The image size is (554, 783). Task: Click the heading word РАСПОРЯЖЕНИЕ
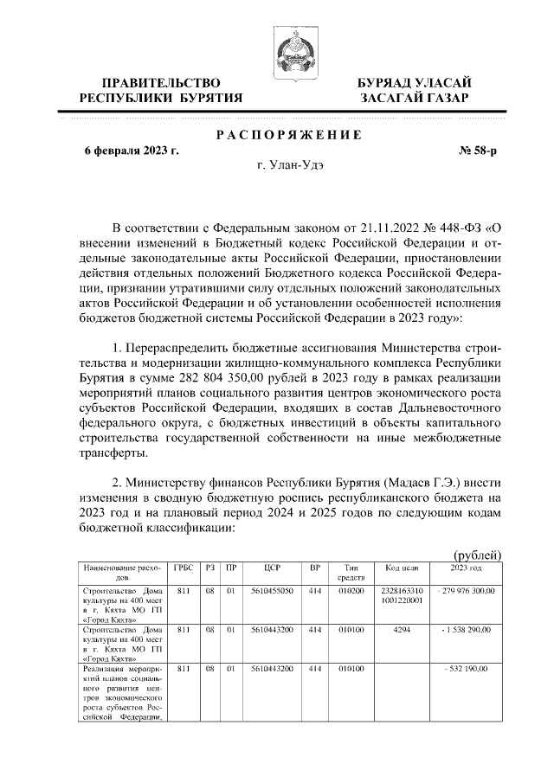287,135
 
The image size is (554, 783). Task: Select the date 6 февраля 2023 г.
131,151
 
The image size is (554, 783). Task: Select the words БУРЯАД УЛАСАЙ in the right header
415,81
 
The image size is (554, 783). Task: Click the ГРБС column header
183,568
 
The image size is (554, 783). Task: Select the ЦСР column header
272,568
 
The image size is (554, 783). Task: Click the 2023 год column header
467,568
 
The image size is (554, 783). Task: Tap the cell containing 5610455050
272,591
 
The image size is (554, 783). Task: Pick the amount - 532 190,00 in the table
467,670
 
